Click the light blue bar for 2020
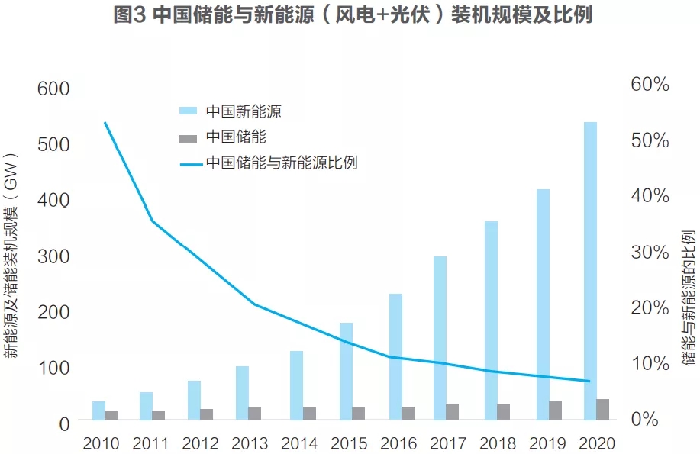[590, 271]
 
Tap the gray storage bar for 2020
[603, 409]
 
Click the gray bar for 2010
[111, 414]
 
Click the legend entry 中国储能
[236, 137]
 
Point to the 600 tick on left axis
[53, 89]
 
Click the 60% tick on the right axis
[650, 85]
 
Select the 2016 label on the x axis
[398, 443]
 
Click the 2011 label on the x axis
[150, 443]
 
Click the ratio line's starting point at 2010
[105, 122]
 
